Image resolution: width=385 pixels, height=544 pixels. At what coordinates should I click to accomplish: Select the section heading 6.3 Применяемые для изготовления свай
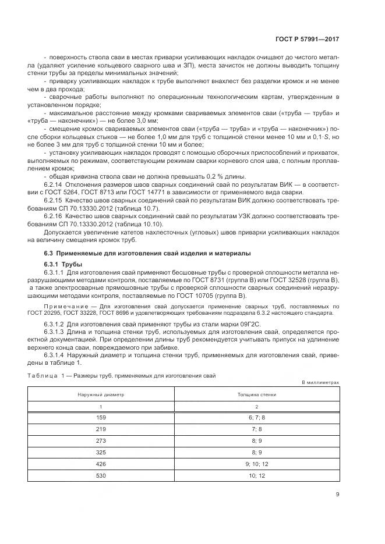pos(148,253)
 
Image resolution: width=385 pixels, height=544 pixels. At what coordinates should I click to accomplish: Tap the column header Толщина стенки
pos(257,394)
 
